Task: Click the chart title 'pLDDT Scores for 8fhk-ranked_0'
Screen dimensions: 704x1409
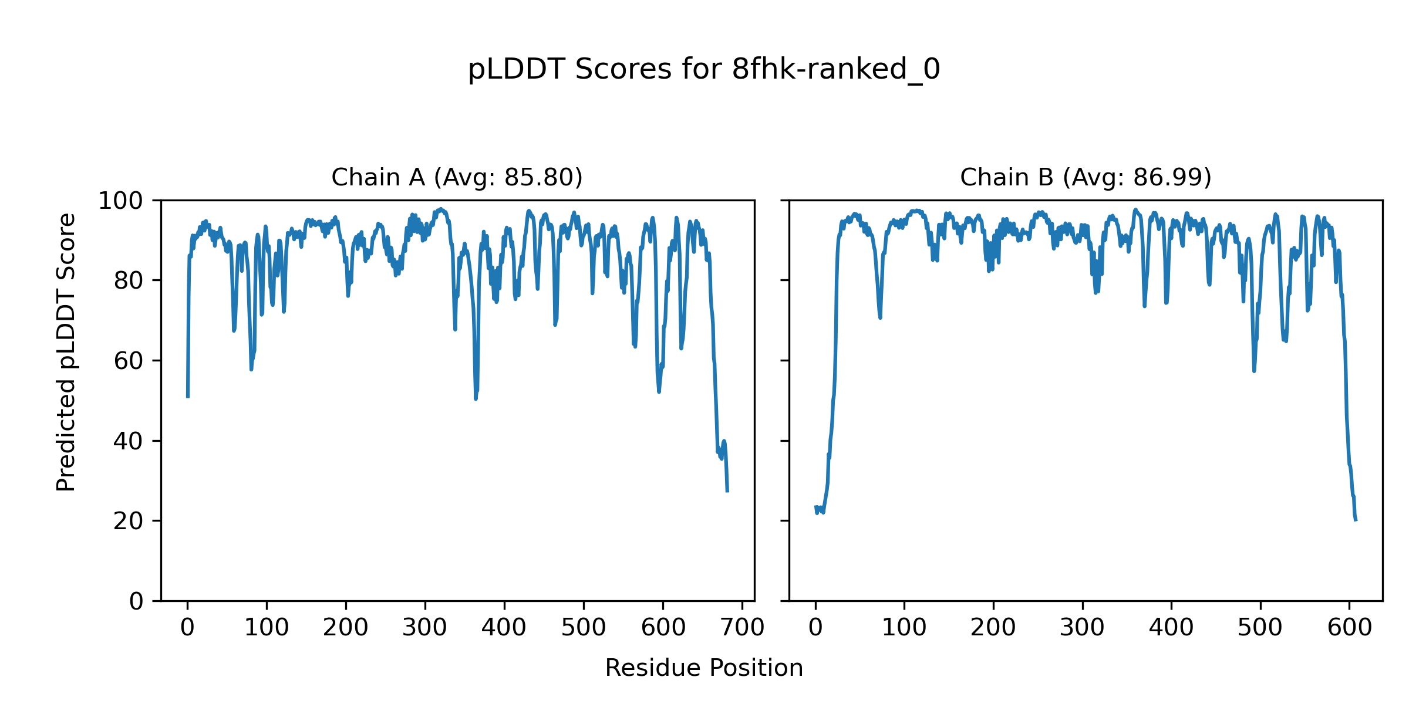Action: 704,70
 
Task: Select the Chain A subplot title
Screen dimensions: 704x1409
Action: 457,177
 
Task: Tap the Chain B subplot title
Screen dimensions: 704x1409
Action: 1086,177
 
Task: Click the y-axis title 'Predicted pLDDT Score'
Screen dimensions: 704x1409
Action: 66,352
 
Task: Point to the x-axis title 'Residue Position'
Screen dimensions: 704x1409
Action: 704,668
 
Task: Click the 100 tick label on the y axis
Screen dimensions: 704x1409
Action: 120,201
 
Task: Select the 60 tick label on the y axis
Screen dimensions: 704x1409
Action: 128,361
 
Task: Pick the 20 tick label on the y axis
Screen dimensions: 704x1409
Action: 128,521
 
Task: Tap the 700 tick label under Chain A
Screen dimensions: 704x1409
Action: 742,628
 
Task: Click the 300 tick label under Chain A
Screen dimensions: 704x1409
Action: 425,628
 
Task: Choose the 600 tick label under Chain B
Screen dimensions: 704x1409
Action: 1349,628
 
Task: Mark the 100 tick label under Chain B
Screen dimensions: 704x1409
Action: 904,628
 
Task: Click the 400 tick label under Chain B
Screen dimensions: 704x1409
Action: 1171,628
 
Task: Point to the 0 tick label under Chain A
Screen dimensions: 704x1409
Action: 187,628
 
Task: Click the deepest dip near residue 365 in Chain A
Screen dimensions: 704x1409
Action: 476,399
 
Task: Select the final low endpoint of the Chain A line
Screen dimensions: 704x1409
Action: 727,491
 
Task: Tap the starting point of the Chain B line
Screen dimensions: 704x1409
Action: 815,507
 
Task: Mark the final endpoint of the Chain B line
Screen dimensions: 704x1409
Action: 1356,520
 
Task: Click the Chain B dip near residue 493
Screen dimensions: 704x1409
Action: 1254,371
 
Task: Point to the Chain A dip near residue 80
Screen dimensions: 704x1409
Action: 251,369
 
